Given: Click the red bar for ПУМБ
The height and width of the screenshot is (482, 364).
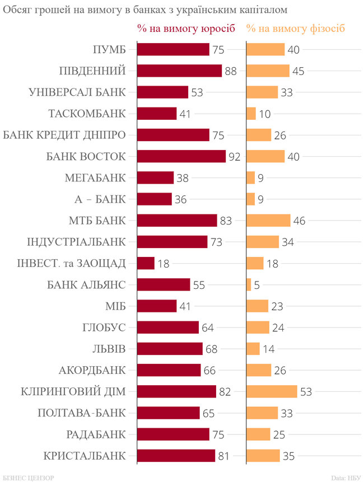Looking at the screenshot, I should (173, 50).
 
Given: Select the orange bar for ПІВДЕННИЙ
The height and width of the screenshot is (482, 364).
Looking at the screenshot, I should (268, 71).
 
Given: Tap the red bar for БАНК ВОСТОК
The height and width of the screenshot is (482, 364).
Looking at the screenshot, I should (181, 156).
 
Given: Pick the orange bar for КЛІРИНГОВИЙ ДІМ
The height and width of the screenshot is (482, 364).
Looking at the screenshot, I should (272, 391).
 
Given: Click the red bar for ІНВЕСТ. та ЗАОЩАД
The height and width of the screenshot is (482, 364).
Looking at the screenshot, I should (146, 263).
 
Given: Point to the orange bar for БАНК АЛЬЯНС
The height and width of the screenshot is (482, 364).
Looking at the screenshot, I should (249, 284).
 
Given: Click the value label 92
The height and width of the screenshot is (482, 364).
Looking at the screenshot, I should (234, 156).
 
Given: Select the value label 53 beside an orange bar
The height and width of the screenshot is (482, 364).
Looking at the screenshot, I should (306, 391).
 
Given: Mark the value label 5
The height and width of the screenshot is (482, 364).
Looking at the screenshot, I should (256, 284).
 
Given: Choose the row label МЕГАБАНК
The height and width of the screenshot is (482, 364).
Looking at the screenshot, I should (95, 178).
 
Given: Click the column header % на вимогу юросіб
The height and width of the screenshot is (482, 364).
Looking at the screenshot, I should (186, 29).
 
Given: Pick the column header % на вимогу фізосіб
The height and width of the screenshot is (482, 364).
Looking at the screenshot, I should (296, 29).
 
